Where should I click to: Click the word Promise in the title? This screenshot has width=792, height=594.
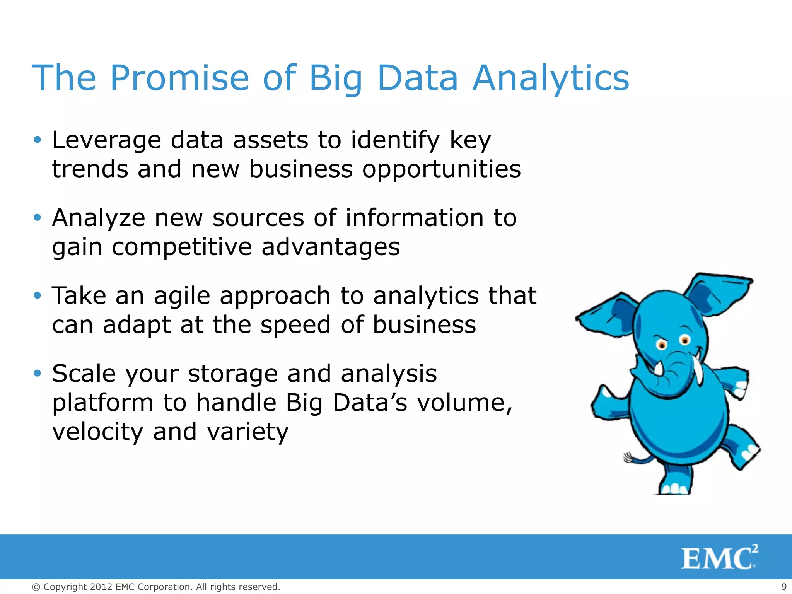click(179, 78)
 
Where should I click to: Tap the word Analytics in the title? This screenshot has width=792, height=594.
click(551, 78)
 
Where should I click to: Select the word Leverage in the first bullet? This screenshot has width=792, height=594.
click(106, 140)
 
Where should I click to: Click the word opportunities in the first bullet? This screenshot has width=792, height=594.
click(441, 169)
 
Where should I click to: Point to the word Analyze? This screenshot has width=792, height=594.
click(98, 218)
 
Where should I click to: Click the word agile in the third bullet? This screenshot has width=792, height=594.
click(182, 296)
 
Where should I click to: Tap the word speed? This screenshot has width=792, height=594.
click(295, 325)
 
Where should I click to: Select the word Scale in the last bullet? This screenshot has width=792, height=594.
click(84, 374)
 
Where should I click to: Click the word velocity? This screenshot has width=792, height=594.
click(97, 432)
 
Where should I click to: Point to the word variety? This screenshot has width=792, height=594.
click(247, 432)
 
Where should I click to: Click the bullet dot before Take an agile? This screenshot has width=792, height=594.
click(37, 295)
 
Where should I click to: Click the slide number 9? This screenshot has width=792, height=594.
click(784, 587)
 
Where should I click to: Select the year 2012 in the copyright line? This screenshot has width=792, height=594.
click(101, 587)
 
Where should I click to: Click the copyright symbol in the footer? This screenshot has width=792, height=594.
click(36, 587)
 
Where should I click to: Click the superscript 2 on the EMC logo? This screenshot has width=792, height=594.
click(754, 549)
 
